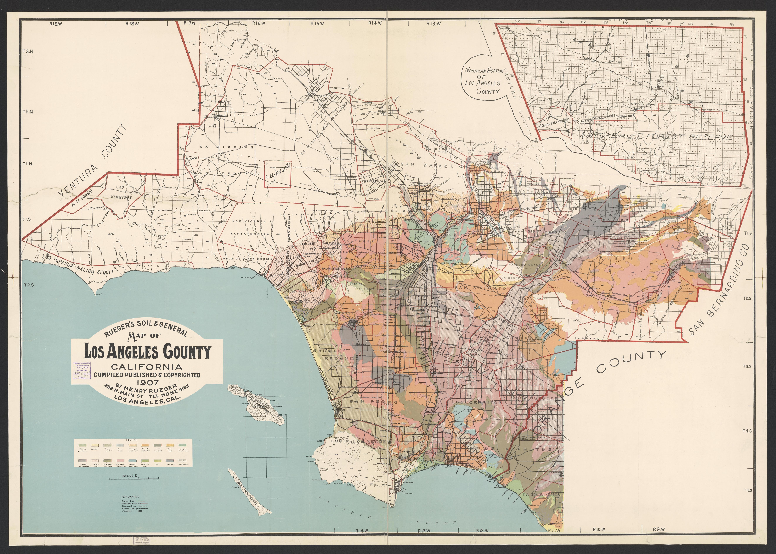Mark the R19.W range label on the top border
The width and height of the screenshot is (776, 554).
coord(55,23)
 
